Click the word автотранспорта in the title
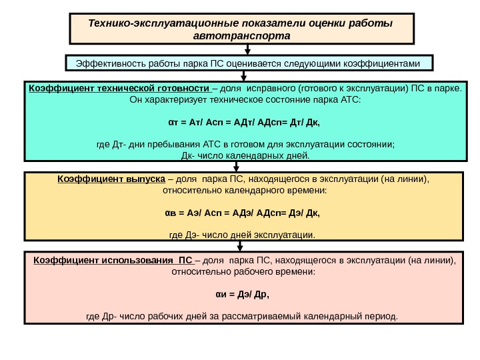coord(241,35)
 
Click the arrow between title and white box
coord(248,49)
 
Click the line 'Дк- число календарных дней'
coord(246,157)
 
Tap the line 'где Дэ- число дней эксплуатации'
coord(242,235)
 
